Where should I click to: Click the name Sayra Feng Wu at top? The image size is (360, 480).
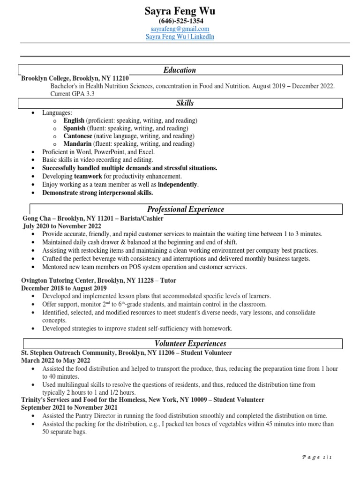[x=180, y=11]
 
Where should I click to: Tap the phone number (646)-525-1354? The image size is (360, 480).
[x=180, y=21]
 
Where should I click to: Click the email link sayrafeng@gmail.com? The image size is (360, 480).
[x=180, y=29]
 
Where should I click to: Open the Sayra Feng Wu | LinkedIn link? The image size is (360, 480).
[x=180, y=37]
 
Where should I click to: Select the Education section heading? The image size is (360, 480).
[x=180, y=70]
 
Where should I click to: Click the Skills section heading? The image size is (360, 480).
[x=185, y=103]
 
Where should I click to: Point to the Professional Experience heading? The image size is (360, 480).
[x=186, y=209]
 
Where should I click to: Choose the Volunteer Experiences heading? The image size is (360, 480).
[x=187, y=344]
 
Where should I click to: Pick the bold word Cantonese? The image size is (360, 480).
[x=78, y=136]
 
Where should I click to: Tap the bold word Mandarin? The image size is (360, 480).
[x=77, y=144]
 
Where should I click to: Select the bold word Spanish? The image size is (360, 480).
[x=75, y=128]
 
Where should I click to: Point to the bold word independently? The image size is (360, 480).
[x=178, y=185]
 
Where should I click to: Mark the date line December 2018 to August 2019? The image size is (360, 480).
[x=64, y=288]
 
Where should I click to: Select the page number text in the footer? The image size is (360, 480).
[x=317, y=457]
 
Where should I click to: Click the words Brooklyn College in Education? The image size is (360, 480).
[x=45, y=79]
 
